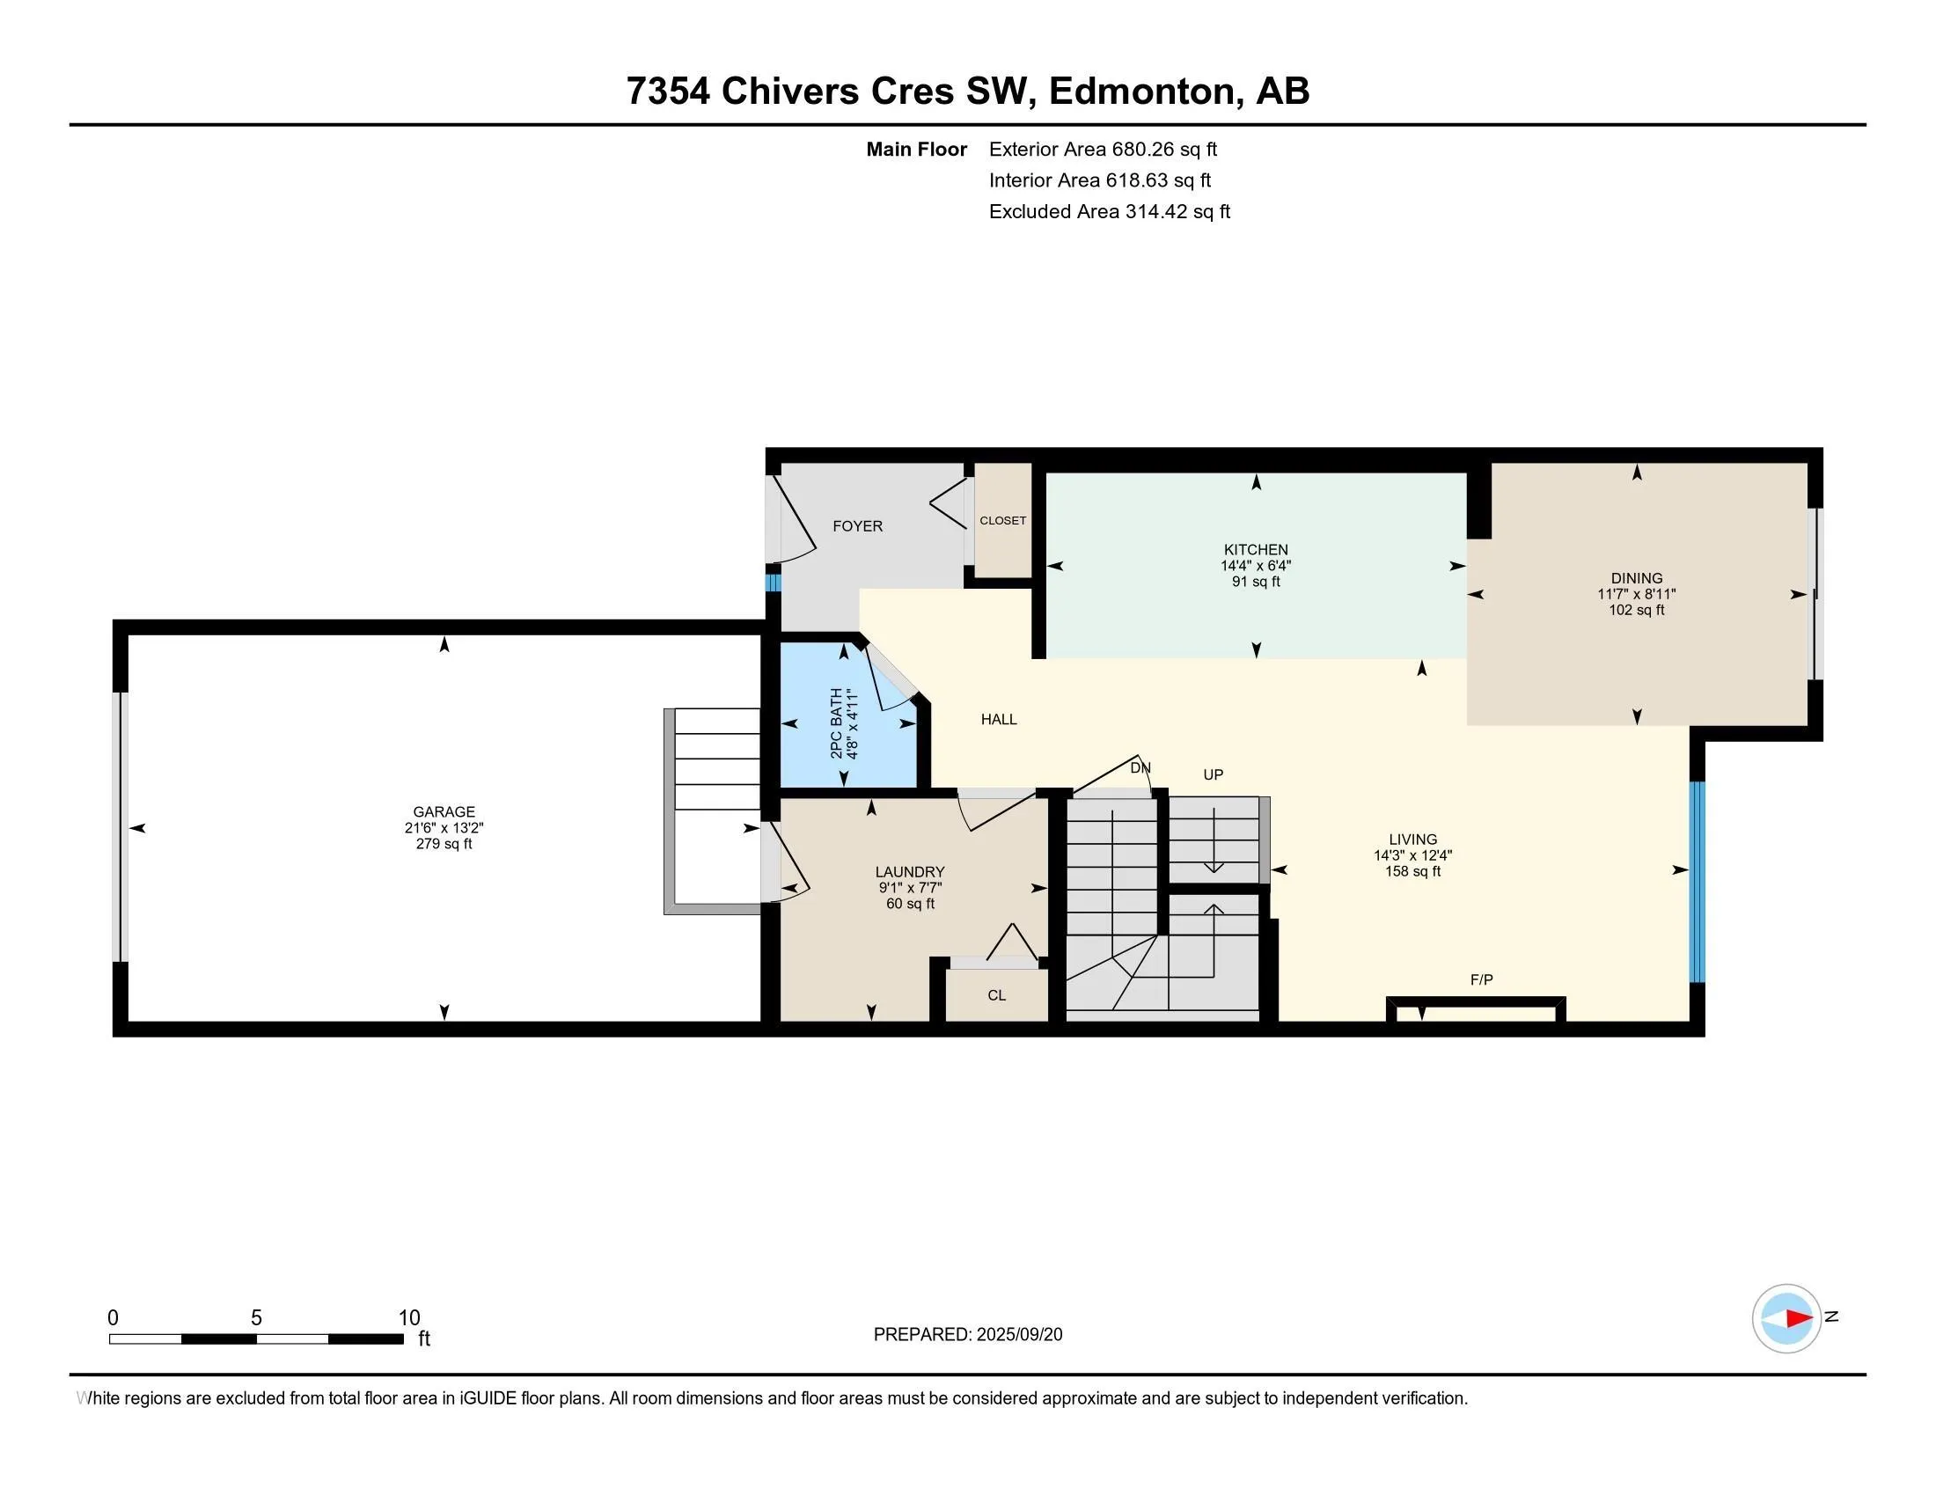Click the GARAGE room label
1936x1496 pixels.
click(x=444, y=811)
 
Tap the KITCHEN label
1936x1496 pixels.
click(x=1255, y=549)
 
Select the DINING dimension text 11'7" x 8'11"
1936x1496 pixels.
click(x=1637, y=595)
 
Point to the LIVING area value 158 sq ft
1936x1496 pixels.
click(x=1412, y=871)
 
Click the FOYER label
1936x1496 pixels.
click(x=857, y=526)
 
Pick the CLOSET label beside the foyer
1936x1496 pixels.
click(x=1002, y=520)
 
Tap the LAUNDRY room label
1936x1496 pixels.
click(x=910, y=872)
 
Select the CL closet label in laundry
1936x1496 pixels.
click(x=996, y=995)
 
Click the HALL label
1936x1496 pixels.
click(x=998, y=720)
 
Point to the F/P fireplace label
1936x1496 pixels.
click(x=1481, y=979)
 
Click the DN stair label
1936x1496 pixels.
click(x=1140, y=767)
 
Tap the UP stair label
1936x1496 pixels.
click(x=1213, y=774)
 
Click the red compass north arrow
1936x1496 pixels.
click(x=1799, y=1318)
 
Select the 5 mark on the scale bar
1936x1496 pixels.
click(x=256, y=1318)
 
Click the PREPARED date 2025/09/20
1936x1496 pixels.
click(x=1018, y=1335)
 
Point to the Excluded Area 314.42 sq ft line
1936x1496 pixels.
click(x=1109, y=212)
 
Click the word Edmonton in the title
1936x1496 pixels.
click(x=1141, y=92)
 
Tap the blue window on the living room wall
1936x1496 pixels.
click(x=1697, y=882)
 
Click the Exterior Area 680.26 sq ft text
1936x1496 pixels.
click(x=1103, y=150)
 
